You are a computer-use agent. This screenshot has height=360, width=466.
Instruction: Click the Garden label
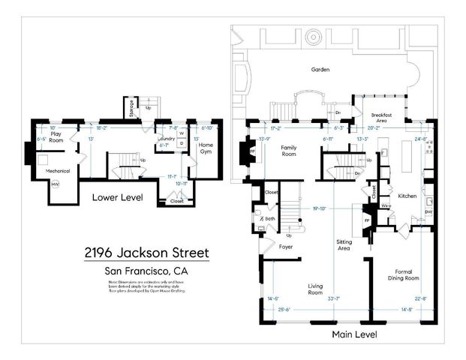321,70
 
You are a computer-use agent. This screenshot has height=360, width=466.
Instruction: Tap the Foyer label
285,246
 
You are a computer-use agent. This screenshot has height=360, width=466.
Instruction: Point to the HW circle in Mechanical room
56,185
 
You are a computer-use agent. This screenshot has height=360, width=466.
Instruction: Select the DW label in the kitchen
428,212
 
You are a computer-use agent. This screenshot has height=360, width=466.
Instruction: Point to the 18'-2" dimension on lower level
102,128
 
